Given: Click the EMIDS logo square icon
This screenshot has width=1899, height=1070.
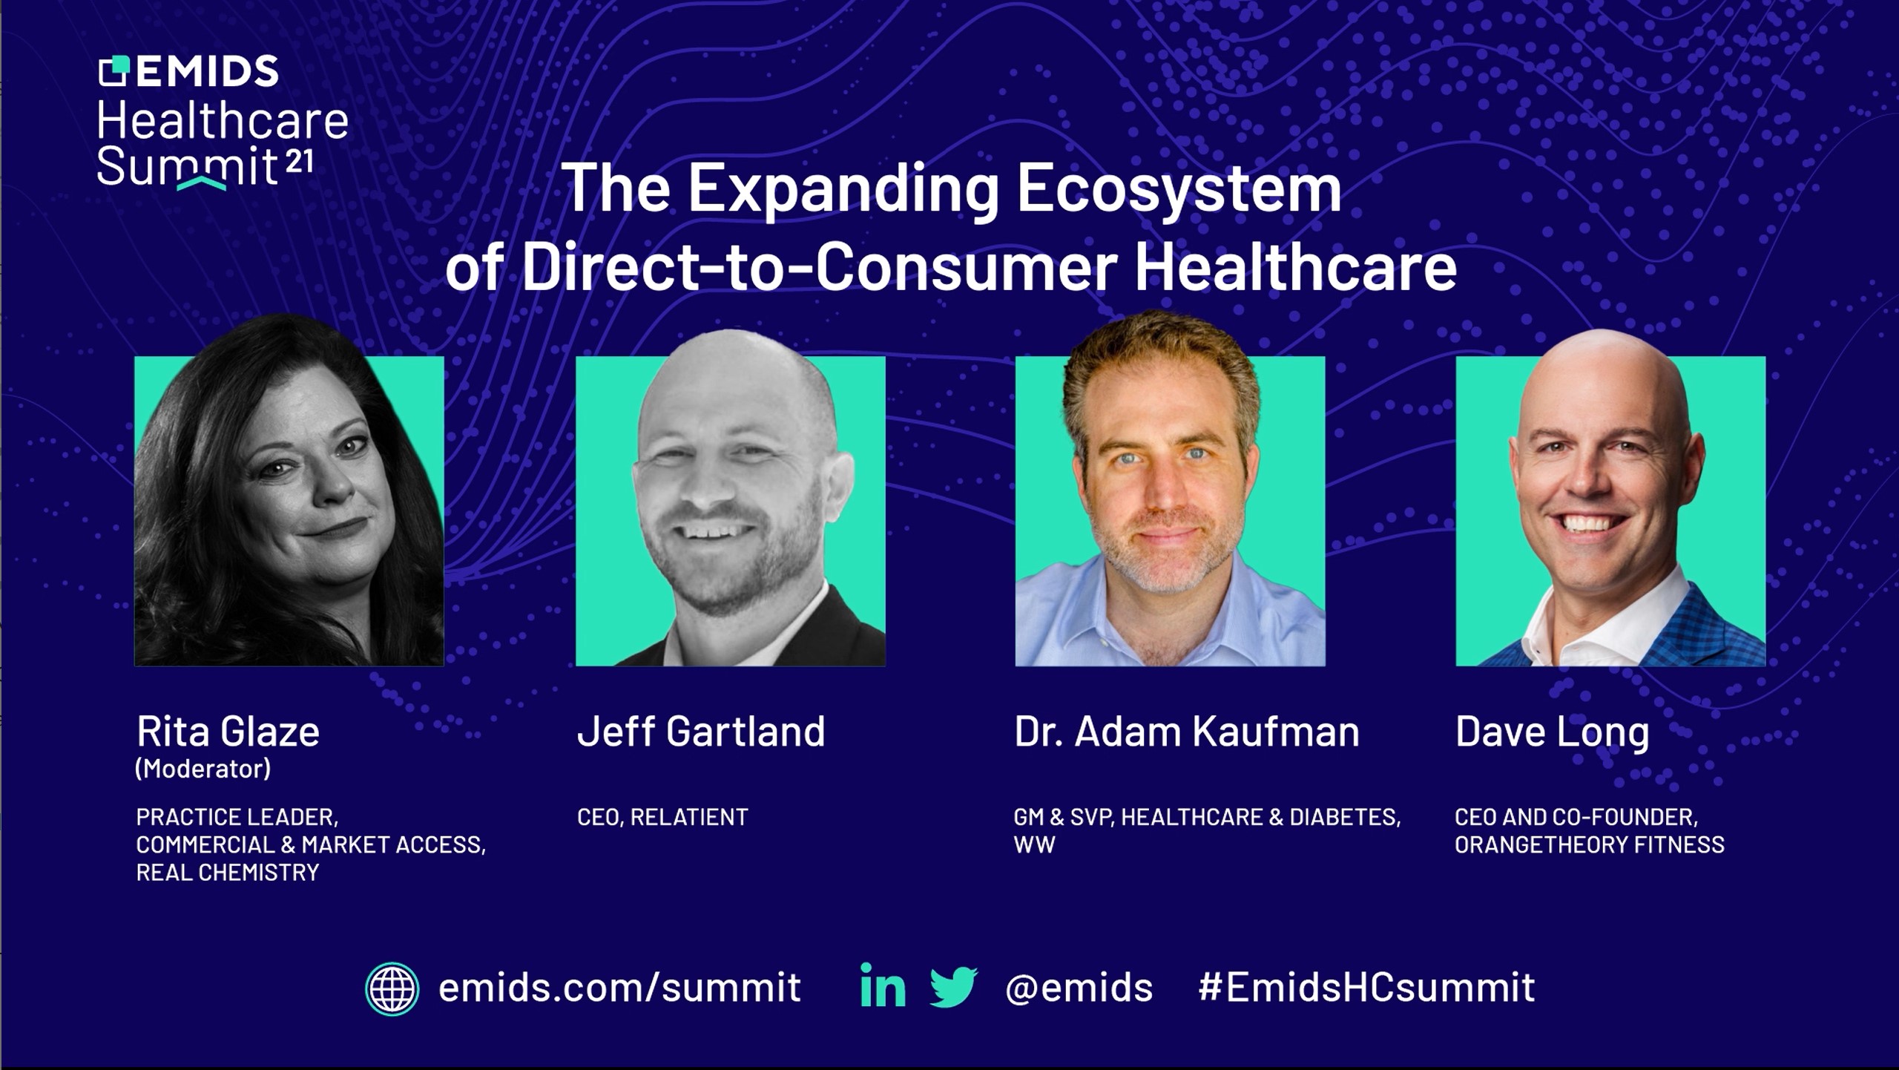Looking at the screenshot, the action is point(113,71).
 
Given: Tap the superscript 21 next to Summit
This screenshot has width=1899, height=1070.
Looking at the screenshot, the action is point(299,162).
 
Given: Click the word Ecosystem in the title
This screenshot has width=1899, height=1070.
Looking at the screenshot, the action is point(1179,190).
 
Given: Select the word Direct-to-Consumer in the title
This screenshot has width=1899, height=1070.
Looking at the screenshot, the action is point(820,266).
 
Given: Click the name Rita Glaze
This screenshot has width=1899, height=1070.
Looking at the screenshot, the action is point(228,732).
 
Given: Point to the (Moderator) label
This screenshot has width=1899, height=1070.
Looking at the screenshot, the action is point(203,769).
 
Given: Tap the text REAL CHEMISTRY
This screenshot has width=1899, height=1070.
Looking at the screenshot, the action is point(227,873).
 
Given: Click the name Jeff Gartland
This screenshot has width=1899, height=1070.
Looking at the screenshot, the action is point(701,732).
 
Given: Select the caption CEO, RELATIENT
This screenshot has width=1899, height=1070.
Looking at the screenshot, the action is point(662,817).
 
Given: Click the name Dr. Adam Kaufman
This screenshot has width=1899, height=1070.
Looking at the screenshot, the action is point(1187,732).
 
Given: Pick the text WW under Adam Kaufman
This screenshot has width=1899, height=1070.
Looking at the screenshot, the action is point(1034,844).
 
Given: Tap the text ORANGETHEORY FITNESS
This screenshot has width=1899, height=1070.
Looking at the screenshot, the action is point(1590,844).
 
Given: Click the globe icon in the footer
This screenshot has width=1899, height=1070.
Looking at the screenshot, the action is point(392,989).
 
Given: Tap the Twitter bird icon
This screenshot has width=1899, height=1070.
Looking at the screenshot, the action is point(954,987).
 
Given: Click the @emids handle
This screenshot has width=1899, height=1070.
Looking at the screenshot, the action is point(1079,988).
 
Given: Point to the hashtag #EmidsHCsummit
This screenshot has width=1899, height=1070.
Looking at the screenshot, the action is point(1366,987).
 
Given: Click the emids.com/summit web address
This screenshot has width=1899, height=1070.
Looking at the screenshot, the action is point(619,987).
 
